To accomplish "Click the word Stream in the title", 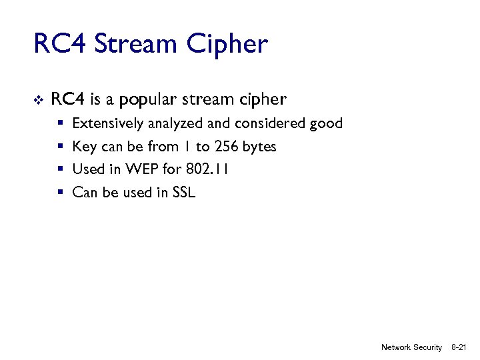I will (137, 45).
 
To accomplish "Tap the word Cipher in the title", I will (227, 45).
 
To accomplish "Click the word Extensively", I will (107, 123).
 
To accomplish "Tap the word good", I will (326, 123).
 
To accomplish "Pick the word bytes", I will (259, 147).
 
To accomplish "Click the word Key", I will (85, 147).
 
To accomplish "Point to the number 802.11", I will (207, 169).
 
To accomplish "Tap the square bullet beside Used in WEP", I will (60, 169).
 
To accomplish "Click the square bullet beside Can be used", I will (60, 193).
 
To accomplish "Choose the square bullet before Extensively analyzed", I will (60, 123).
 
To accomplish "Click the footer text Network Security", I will (411, 347).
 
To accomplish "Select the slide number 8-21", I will (459, 347).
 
